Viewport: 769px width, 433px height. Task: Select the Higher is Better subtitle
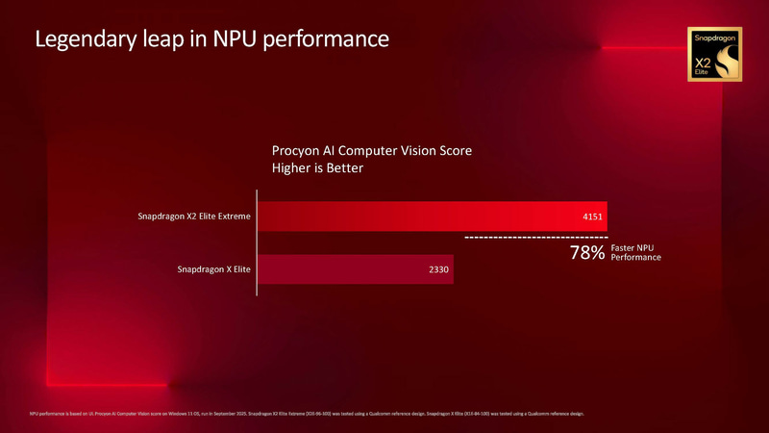[x=318, y=168]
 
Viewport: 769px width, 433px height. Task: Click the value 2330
[x=438, y=269]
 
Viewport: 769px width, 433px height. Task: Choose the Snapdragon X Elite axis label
[x=213, y=269]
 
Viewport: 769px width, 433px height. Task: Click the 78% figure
[x=587, y=253]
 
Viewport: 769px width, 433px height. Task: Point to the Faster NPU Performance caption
[x=635, y=253]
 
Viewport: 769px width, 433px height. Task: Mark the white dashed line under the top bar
[x=536, y=237]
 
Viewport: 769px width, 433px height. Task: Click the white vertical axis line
[x=257, y=242]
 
